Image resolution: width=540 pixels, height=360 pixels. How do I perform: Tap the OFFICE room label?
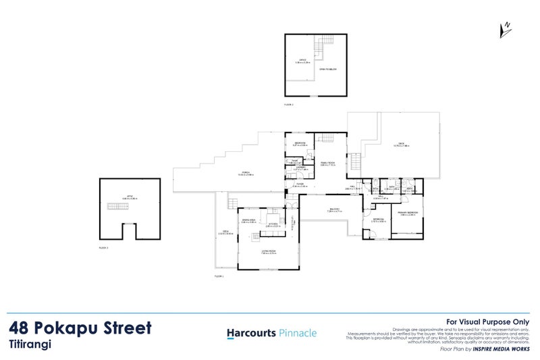[x=302, y=62]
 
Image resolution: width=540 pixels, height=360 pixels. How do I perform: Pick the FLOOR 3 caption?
[x=103, y=249]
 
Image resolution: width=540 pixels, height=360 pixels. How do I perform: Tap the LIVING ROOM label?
[x=269, y=251]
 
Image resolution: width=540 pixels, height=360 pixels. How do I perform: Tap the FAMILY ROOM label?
[x=328, y=163]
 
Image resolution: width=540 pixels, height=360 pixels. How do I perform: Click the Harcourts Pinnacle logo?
[x=270, y=333]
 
